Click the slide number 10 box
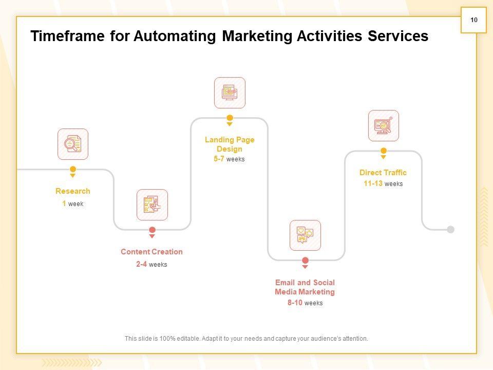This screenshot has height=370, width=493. [473, 20]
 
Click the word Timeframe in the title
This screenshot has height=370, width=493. [68, 36]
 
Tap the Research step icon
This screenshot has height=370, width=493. [73, 144]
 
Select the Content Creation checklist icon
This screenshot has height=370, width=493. [152, 205]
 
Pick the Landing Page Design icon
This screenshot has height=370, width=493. [230, 92]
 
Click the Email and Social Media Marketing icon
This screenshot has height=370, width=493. [305, 235]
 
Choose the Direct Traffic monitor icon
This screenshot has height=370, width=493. [383, 125]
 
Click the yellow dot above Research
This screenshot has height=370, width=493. [73, 169]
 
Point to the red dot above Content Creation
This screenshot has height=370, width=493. [152, 230]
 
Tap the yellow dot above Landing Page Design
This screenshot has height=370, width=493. [230, 118]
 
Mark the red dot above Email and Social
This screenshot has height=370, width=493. [305, 261]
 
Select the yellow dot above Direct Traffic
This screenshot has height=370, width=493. [383, 151]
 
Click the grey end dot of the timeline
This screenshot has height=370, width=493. [450, 230]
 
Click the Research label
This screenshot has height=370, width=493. [73, 191]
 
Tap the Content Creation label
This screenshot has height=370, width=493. [151, 252]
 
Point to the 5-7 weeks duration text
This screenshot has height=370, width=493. [229, 159]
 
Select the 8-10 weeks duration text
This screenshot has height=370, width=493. [305, 303]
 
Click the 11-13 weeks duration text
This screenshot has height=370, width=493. [383, 184]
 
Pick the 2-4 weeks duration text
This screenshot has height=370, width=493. [151, 265]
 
